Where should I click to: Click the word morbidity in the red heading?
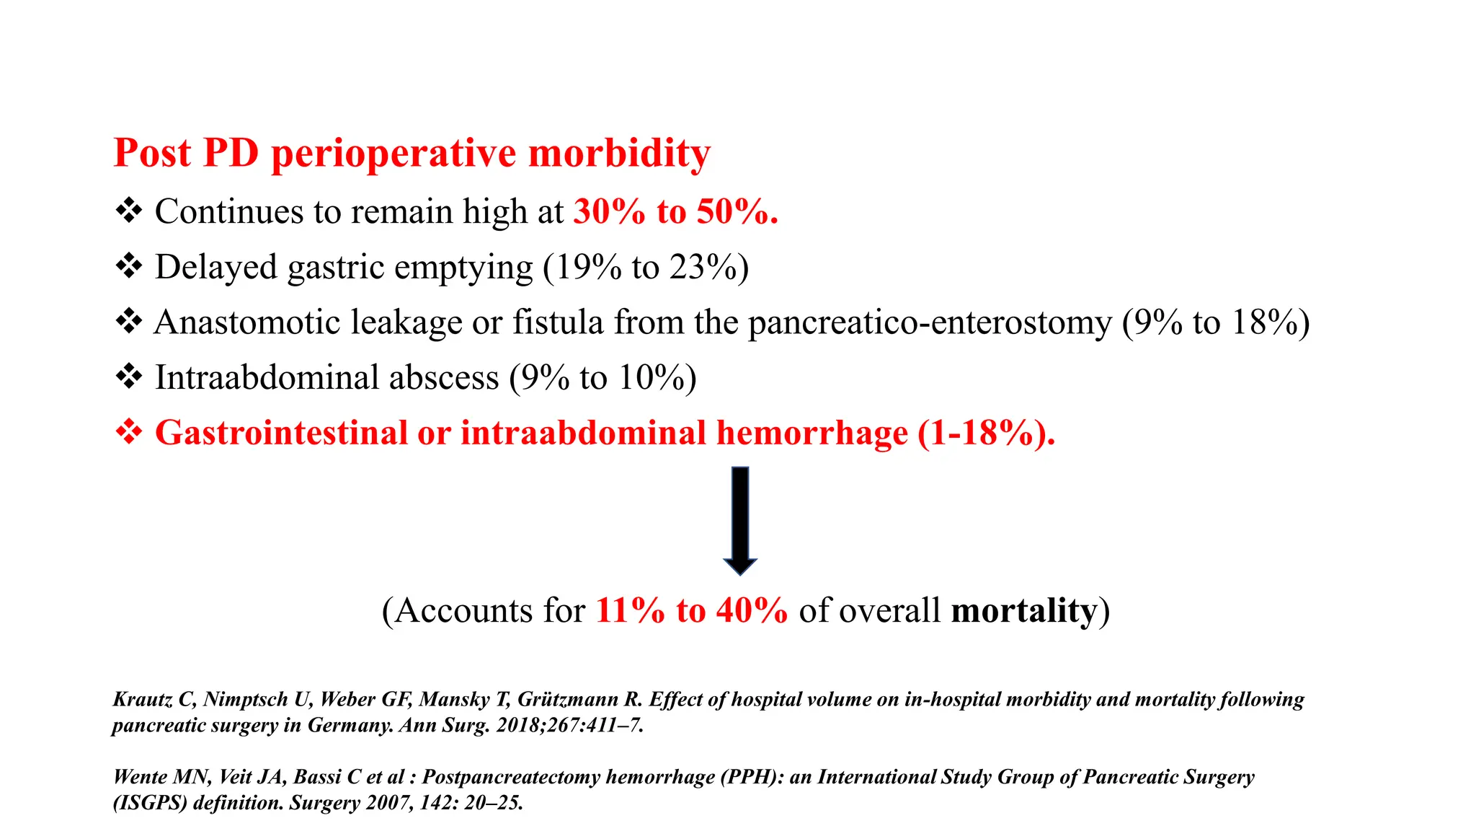tap(619, 153)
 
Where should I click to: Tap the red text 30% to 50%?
tap(675, 212)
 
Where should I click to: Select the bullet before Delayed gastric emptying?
tap(129, 266)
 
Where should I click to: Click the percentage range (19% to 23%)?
tap(646, 268)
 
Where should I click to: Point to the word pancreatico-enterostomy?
tap(930, 322)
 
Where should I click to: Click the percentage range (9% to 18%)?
tap(1216, 322)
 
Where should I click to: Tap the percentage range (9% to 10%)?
tap(603, 378)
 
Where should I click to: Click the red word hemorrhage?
tap(812, 434)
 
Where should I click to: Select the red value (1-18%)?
tap(985, 434)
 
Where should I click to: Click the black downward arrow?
tap(740, 520)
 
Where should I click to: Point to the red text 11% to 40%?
tap(691, 611)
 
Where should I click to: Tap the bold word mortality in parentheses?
tap(1024, 611)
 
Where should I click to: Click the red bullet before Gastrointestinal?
tap(129, 432)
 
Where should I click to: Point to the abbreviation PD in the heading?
tap(231, 153)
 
